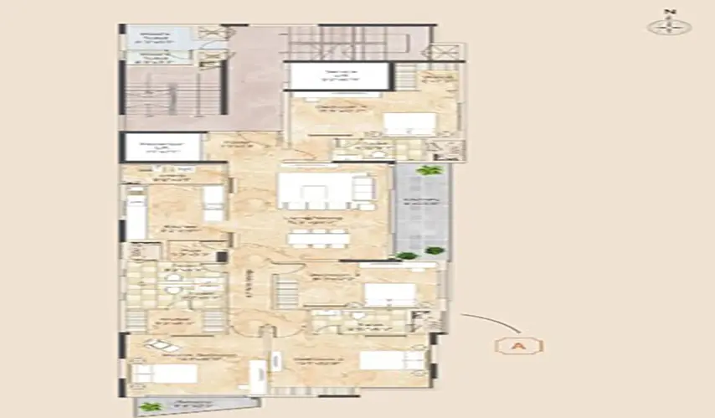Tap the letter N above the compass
pyautogui.click(x=668, y=12)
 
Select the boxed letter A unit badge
pyautogui.click(x=519, y=345)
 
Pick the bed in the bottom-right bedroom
pyautogui.click(x=392, y=360)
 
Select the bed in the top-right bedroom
pyautogui.click(x=409, y=123)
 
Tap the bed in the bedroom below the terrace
pyautogui.click(x=389, y=294)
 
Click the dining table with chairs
pyautogui.click(x=318, y=238)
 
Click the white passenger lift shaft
pyautogui.click(x=161, y=147)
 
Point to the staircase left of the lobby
pyautogui.click(x=173, y=92)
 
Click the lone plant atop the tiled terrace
pyautogui.click(x=430, y=171)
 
